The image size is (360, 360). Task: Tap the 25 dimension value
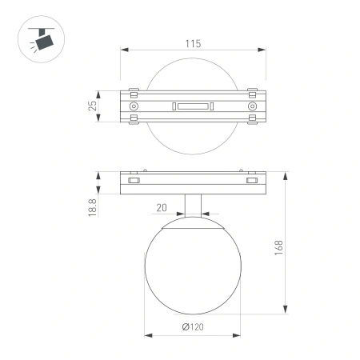click(93, 105)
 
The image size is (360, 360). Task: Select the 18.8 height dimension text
click(93, 206)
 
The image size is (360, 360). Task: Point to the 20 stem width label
click(162, 207)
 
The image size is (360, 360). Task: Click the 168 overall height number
click(278, 249)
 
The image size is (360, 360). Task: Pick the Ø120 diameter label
click(192, 327)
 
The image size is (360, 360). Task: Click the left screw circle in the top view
click(134, 106)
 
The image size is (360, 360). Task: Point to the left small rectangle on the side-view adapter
click(133, 182)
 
